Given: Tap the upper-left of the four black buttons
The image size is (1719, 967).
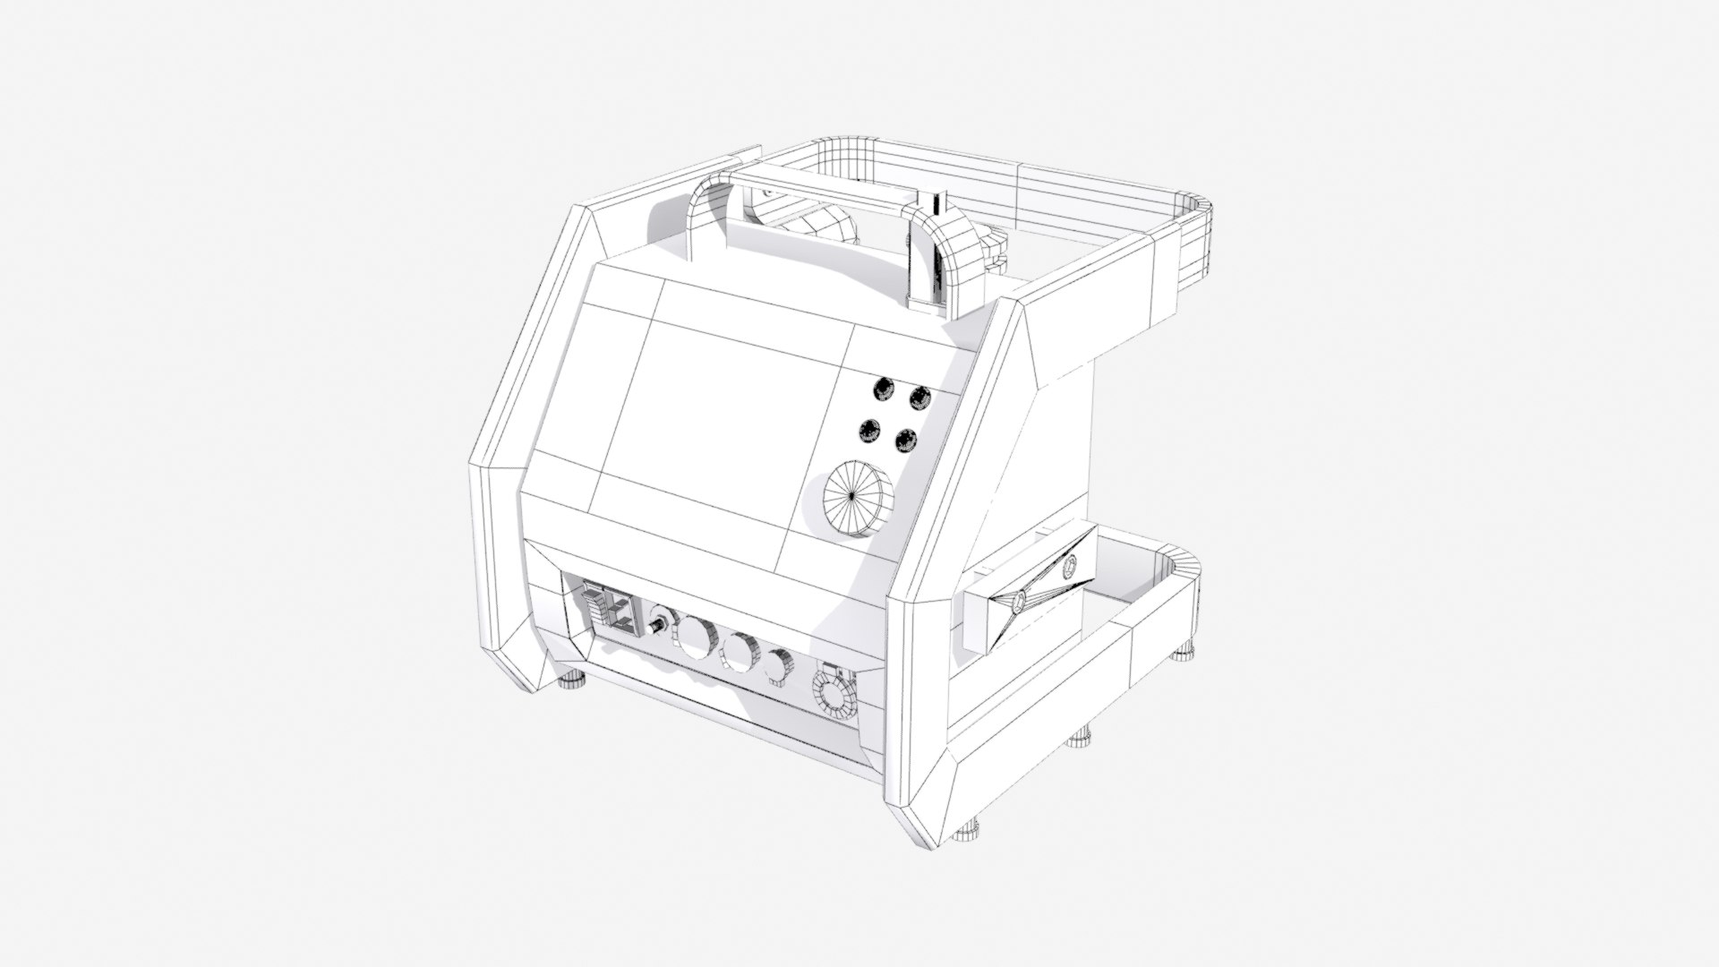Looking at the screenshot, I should click(x=884, y=388).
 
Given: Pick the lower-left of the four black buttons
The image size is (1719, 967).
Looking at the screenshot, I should click(x=868, y=432).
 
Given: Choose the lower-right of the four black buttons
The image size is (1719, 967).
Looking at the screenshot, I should click(x=906, y=440).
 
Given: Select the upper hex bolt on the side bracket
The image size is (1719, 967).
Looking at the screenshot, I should click(x=1069, y=567).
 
